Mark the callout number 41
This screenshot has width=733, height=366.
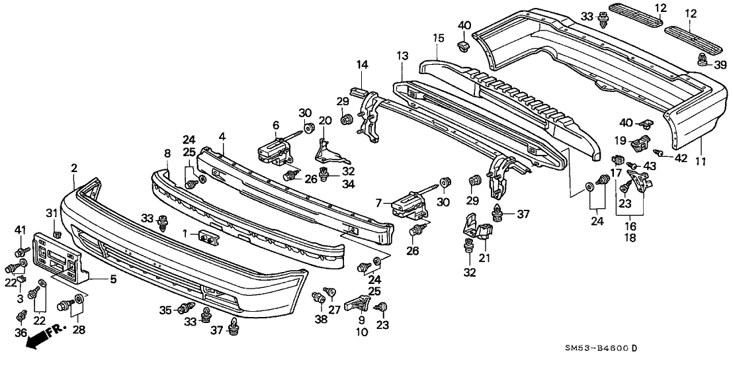[19, 230]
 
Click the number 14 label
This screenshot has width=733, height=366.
[362, 64]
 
